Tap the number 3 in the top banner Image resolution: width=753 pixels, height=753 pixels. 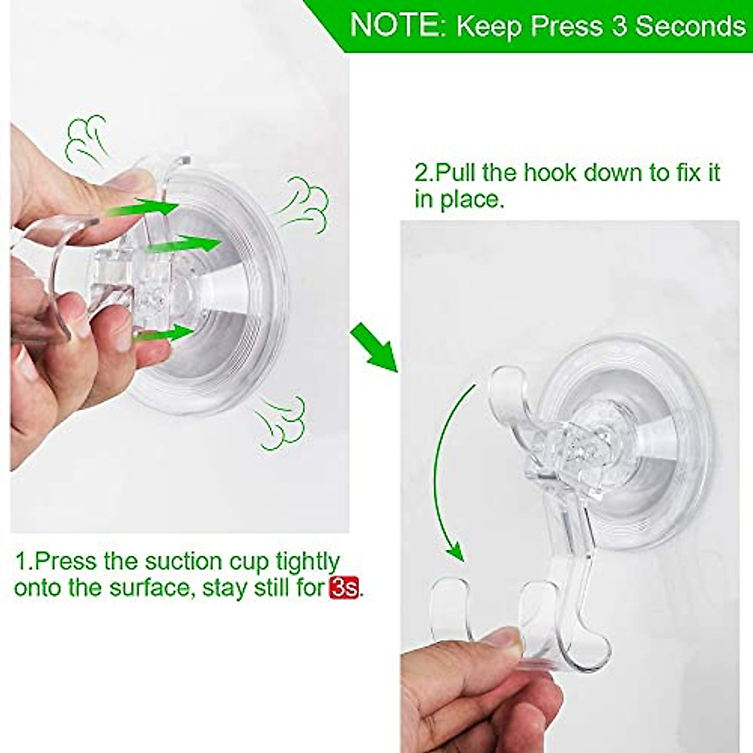tap(620, 25)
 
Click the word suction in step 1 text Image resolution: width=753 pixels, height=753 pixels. tap(188, 560)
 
